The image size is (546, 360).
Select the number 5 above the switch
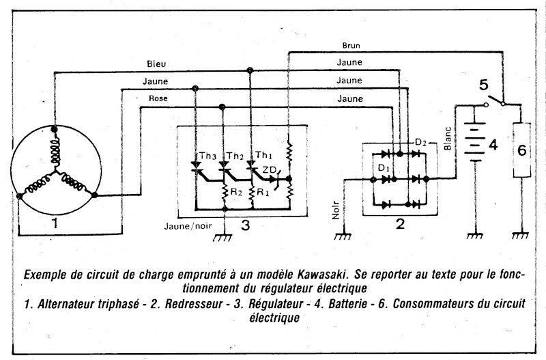tap(483, 87)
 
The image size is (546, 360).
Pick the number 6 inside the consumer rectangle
tap(521, 151)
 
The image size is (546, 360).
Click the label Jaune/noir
tap(188, 225)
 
